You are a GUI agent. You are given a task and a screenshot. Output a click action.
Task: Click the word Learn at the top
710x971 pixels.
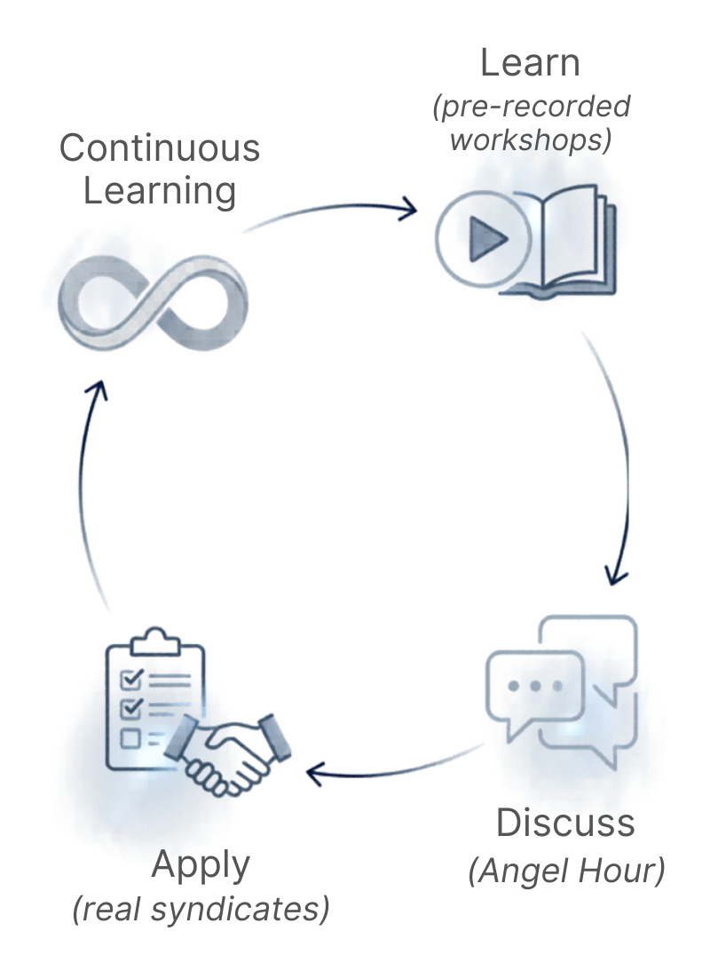[530, 64]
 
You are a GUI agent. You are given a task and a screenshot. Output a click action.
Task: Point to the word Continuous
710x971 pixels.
[160, 147]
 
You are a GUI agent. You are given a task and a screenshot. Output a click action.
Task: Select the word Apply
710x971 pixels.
[201, 864]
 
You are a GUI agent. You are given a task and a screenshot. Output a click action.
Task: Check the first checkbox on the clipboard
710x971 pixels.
[130, 680]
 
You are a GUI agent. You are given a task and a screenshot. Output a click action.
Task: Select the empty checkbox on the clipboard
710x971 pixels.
[130, 737]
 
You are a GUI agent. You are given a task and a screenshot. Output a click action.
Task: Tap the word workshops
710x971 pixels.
[530, 140]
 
